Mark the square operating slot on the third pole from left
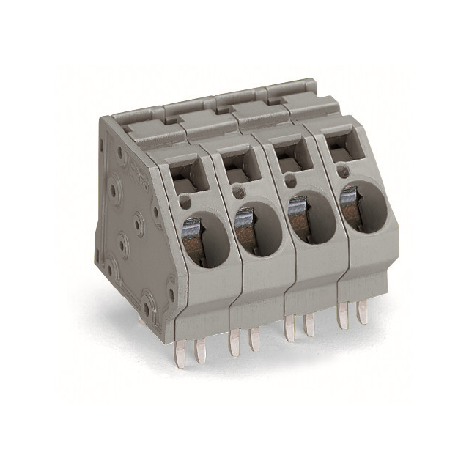(292, 158)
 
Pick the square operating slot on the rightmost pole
(342, 149)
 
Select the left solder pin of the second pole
(234, 341)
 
